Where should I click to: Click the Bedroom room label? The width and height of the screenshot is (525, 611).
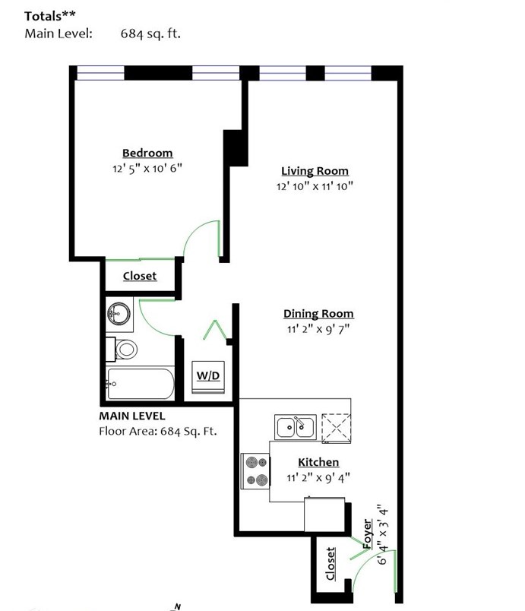pyautogui.click(x=147, y=153)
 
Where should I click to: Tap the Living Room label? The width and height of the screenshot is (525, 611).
pyautogui.click(x=315, y=171)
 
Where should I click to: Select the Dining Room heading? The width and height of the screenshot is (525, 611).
pyautogui.click(x=318, y=314)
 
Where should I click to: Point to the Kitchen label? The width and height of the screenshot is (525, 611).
pyautogui.click(x=318, y=462)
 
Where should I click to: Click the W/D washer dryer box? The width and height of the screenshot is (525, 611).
pyautogui.click(x=208, y=376)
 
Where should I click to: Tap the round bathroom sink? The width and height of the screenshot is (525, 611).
pyautogui.click(x=119, y=313)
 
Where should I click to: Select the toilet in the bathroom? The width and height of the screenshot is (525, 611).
pyautogui.click(x=122, y=349)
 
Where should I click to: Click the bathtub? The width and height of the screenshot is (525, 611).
pyautogui.click(x=141, y=384)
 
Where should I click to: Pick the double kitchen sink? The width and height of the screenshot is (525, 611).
pyautogui.click(x=296, y=427)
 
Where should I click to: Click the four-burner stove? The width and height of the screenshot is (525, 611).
pyautogui.click(x=255, y=470)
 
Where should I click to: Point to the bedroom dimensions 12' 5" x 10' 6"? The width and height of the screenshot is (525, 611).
pyautogui.click(x=147, y=169)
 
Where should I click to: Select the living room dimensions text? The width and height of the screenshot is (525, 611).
pyautogui.click(x=315, y=186)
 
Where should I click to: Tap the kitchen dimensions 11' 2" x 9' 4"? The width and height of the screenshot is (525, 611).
pyautogui.click(x=318, y=478)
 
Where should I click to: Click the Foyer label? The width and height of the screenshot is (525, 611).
pyautogui.click(x=367, y=533)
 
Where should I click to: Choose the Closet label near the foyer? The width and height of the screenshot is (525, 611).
pyautogui.click(x=330, y=563)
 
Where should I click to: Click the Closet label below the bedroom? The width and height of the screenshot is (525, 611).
pyautogui.click(x=140, y=276)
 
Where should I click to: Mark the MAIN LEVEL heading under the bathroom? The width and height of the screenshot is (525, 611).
pyautogui.click(x=132, y=416)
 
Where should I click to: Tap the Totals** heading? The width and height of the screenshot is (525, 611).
pyautogui.click(x=50, y=16)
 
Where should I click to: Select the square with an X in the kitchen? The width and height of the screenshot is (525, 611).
pyautogui.click(x=337, y=429)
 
